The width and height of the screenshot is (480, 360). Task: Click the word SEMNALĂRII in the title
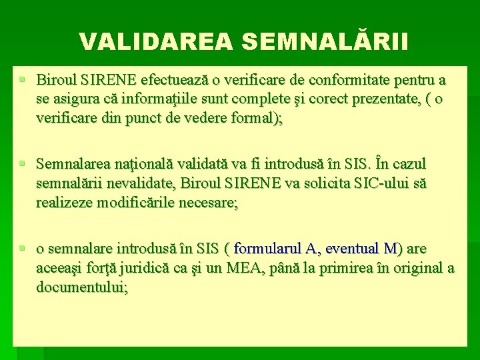pos(325,41)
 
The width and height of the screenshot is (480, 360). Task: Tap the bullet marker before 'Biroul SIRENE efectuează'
pos(23,80)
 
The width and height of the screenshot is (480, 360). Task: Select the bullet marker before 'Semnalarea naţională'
pos(23,163)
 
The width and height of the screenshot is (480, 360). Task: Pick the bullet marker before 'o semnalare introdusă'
pos(23,248)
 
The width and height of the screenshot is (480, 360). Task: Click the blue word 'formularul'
pos(267,249)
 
